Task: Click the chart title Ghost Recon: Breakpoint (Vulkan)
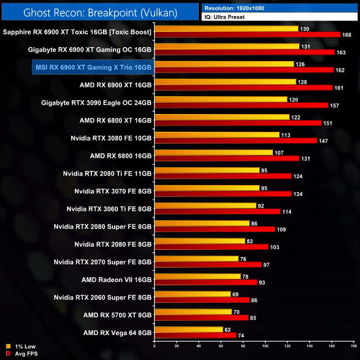click(x=100, y=12)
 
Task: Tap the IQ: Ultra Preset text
click(x=224, y=17)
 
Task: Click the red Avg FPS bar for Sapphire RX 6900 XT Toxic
click(x=247, y=35)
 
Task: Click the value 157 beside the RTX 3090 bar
click(x=335, y=105)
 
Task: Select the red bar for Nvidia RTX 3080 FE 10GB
click(x=235, y=141)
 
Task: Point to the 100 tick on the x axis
click(x=265, y=347)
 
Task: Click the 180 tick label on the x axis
click(x=353, y=347)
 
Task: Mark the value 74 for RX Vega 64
click(x=241, y=336)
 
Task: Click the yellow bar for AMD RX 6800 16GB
click(x=213, y=152)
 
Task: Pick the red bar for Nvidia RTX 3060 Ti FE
click(x=217, y=212)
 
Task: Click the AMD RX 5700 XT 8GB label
click(x=117, y=315)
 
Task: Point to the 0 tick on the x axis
click(x=155, y=347)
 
